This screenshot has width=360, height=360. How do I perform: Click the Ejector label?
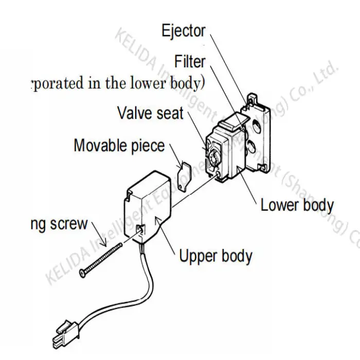pyautogui.click(x=183, y=31)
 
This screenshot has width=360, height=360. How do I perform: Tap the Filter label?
pyautogui.click(x=190, y=62)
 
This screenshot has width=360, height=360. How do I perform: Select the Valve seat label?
pyautogui.click(x=150, y=113)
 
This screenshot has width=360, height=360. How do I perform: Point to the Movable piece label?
pyautogui.click(x=119, y=146)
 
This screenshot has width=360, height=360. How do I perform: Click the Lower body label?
pyautogui.click(x=297, y=205)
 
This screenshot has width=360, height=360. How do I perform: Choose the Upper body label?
pyautogui.click(x=215, y=256)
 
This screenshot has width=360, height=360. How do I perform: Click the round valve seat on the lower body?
pyautogui.click(x=214, y=152)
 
